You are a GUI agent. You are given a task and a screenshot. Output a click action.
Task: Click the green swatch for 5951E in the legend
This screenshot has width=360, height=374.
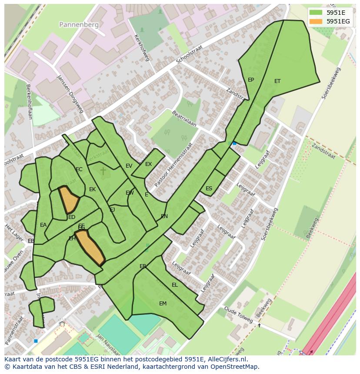click(316, 13)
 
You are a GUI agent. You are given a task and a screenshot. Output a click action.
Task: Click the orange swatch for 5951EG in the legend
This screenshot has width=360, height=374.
click(316, 21)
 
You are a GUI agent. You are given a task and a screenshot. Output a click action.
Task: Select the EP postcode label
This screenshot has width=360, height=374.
click(251, 80)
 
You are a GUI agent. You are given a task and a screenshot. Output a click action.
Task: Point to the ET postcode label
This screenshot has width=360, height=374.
click(277, 81)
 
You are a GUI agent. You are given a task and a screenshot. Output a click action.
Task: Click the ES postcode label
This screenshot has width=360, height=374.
click(209, 189)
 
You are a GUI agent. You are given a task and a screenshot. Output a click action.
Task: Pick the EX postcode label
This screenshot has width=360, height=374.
click(148, 164)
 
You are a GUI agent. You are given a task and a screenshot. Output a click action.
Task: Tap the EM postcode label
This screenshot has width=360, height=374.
click(163, 304)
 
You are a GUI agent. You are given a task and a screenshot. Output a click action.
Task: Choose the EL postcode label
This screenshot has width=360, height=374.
click(175, 285)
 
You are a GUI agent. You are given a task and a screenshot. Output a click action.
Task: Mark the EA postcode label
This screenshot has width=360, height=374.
click(43, 225)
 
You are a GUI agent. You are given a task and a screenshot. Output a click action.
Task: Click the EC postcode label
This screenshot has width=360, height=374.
click(79, 169)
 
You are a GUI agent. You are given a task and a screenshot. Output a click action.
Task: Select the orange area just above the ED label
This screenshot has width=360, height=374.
click(68, 199)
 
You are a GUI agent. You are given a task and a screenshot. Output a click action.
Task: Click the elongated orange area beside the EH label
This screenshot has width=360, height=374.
click(92, 247)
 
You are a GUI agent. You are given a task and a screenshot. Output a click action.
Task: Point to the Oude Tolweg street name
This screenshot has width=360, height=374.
click(239, 315)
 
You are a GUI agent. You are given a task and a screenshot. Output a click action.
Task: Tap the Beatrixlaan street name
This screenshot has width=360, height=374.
click(184, 119)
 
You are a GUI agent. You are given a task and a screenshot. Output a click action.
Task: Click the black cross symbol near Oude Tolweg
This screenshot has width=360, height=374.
click(260, 325)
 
